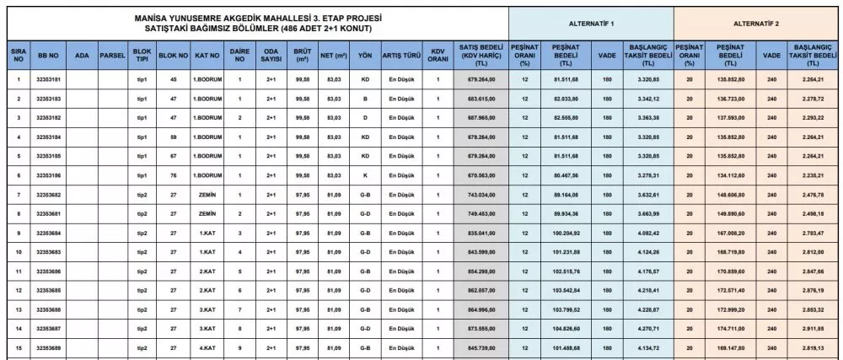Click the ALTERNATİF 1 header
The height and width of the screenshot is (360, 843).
(590, 23)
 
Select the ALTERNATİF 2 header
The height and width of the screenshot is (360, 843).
(756, 23)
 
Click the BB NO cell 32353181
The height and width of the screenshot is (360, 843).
(49, 78)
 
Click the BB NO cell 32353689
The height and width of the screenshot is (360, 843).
(49, 347)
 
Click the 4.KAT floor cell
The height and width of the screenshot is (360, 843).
(206, 347)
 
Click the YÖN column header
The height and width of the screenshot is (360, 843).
(364, 55)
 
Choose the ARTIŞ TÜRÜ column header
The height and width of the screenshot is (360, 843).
(402, 55)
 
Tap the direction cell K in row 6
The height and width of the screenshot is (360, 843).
(364, 175)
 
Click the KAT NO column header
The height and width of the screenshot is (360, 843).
(206, 55)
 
